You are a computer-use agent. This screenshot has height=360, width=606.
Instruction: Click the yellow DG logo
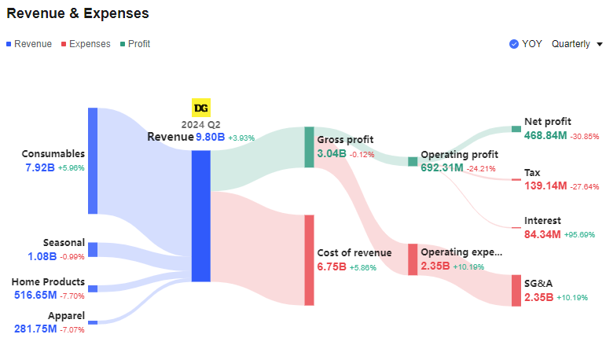pyautogui.click(x=201, y=108)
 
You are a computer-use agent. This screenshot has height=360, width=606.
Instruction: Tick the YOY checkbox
pyautogui.click(x=514, y=44)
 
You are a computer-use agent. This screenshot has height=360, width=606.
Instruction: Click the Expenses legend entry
pyautogui.click(x=89, y=44)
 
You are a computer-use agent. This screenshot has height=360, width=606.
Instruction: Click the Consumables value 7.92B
pyautogui.click(x=39, y=167)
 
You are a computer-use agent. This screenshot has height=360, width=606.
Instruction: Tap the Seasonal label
pyautogui.click(x=64, y=244)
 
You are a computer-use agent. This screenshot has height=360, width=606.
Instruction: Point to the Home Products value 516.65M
pyautogui.click(x=35, y=295)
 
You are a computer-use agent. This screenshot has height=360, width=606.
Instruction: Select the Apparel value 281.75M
pyautogui.click(x=35, y=329)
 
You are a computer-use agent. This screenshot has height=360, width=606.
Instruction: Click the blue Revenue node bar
pyautogui.click(x=201, y=215)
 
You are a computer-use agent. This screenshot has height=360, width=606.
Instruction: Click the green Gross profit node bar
pyautogui.click(x=309, y=146)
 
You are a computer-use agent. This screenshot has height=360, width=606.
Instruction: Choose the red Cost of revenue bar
pyautogui.click(x=309, y=259)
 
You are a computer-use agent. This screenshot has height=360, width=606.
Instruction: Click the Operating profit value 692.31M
pyautogui.click(x=442, y=167)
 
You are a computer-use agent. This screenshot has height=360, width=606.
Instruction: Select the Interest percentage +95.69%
pyautogui.click(x=578, y=234)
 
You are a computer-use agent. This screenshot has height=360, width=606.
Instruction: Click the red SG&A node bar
pyautogui.click(x=516, y=290)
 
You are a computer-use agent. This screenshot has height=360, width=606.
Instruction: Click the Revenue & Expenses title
pyautogui.click(x=78, y=13)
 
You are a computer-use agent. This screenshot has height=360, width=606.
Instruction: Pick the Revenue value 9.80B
pyautogui.click(x=210, y=137)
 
